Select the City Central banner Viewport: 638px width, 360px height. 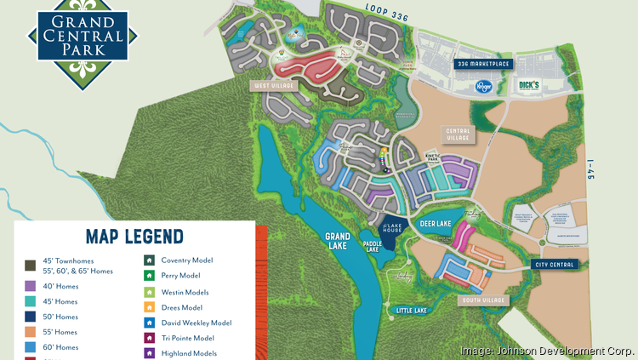click(x=556, y=265)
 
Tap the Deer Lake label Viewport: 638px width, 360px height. click(x=434, y=225)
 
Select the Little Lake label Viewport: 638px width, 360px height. click(x=411, y=311)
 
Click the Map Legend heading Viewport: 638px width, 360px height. click(x=134, y=236)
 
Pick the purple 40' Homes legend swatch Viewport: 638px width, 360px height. click(x=30, y=286)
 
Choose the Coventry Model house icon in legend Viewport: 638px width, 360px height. click(x=149, y=260)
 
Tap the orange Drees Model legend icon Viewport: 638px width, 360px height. click(x=149, y=307)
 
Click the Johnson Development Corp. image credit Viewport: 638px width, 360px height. click(x=546, y=350)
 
